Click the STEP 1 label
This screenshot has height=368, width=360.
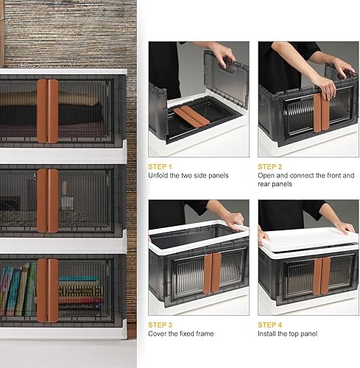[161, 166]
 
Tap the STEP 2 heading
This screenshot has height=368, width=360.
[271, 166]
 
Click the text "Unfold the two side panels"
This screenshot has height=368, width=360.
[188, 176]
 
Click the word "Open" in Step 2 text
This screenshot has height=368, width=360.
[267, 176]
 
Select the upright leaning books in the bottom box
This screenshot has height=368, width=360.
[18, 291]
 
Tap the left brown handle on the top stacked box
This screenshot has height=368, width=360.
[42, 110]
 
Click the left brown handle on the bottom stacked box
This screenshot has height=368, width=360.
[42, 290]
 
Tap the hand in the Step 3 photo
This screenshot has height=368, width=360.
[233, 220]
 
